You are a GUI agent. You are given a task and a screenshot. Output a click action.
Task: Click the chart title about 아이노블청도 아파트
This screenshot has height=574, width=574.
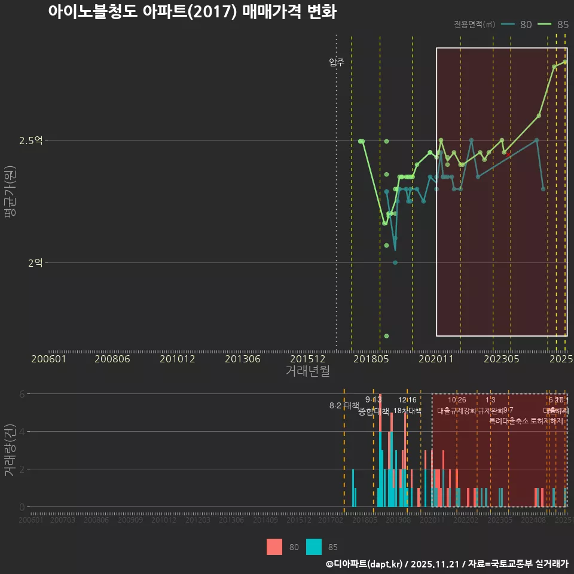coord(192,13)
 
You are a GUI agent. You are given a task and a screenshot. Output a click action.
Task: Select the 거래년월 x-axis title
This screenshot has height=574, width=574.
coord(307,371)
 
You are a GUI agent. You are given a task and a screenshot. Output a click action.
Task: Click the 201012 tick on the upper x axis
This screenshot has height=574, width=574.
coord(178,359)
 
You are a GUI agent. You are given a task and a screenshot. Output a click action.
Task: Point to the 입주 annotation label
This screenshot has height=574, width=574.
coord(337,62)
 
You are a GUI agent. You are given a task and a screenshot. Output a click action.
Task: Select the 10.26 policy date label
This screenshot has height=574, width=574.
coord(457,400)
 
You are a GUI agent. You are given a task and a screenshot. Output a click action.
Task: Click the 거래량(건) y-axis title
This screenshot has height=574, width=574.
coord(10,450)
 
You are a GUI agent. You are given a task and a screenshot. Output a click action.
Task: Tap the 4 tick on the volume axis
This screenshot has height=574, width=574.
coord(23,432)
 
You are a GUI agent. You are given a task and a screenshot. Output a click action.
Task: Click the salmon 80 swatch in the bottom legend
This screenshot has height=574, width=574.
coord(274,546)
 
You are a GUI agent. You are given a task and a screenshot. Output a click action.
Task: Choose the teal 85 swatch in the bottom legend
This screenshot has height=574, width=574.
coord(314,546)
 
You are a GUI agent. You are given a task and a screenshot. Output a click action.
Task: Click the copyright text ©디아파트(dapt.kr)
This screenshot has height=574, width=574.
coord(365,564)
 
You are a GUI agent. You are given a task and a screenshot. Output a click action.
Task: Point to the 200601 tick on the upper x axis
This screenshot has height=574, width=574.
coord(48,359)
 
